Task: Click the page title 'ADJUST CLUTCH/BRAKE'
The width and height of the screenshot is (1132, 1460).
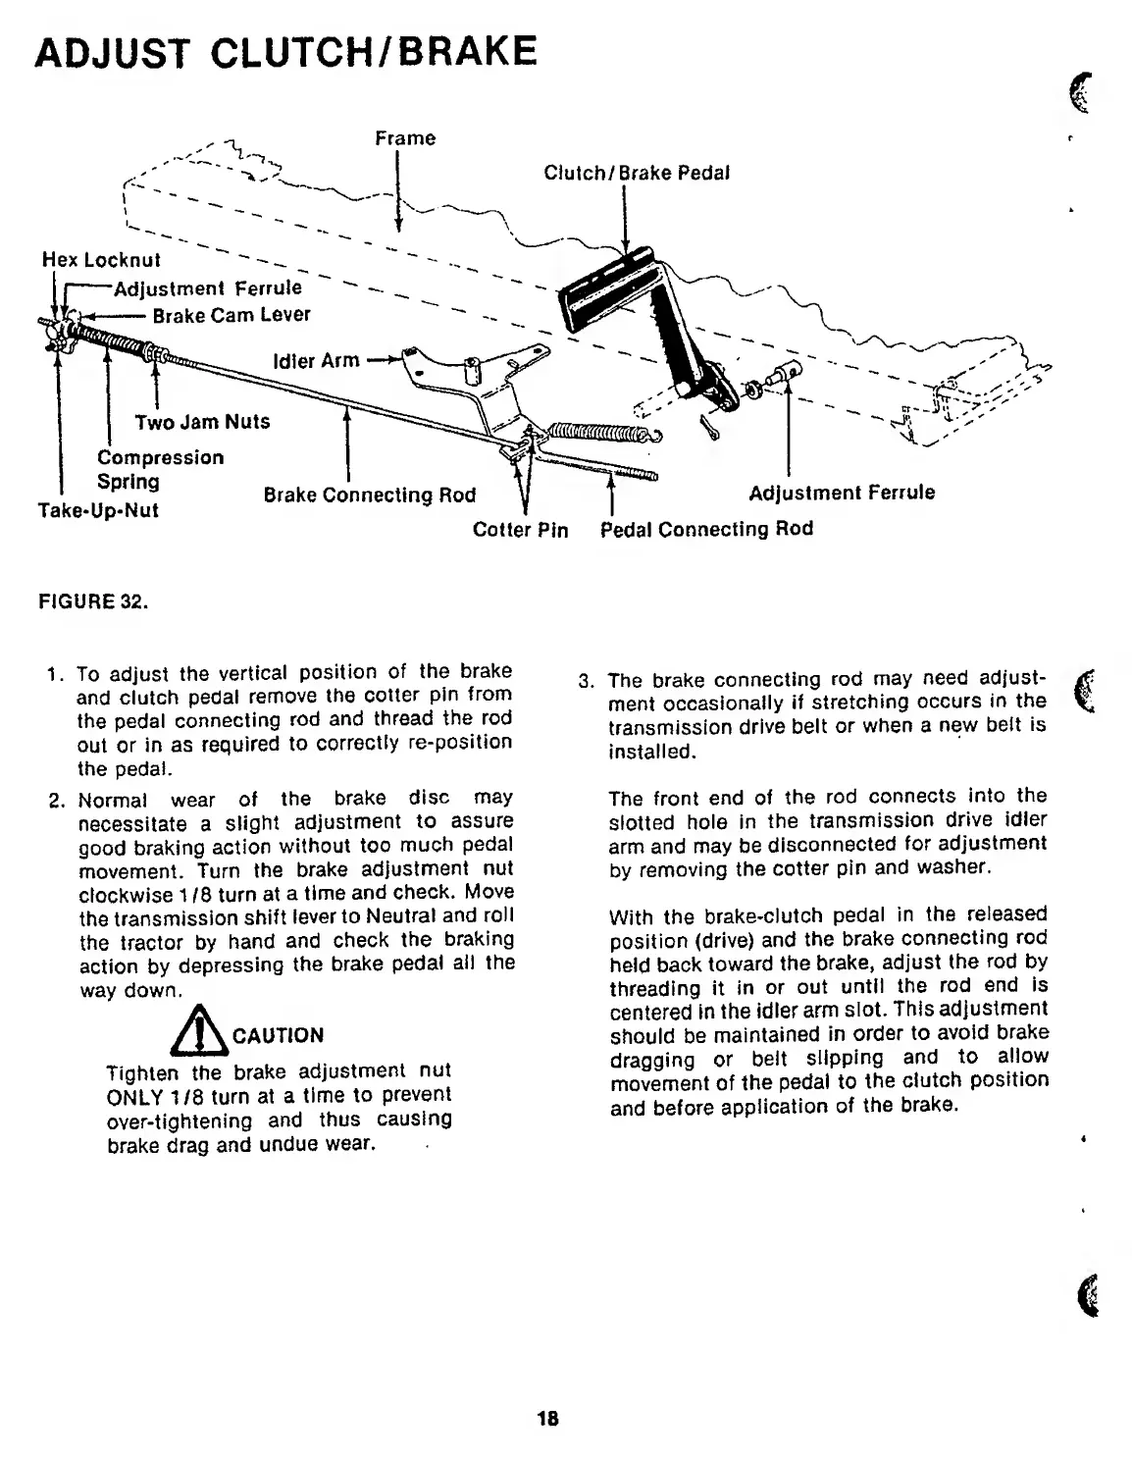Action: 285,51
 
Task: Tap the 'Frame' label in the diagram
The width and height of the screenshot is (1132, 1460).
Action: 405,138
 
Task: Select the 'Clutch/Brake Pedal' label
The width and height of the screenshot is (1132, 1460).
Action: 637,174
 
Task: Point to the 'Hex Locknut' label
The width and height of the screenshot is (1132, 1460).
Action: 100,260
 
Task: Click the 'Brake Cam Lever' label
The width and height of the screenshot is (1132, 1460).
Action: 232,315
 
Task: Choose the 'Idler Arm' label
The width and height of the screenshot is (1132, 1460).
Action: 316,361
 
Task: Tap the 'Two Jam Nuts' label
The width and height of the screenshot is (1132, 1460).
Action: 202,422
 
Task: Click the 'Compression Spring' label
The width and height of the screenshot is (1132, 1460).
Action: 160,469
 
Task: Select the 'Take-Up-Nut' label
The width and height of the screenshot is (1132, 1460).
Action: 97,510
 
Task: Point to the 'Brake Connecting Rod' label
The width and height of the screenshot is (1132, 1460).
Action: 369,495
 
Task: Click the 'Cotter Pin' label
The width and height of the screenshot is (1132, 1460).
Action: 520,530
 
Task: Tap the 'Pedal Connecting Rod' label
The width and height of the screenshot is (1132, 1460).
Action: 706,529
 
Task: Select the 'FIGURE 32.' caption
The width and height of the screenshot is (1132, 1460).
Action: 92,602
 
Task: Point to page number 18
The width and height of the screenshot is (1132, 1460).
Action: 547,1418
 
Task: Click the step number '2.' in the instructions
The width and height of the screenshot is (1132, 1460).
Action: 57,800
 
